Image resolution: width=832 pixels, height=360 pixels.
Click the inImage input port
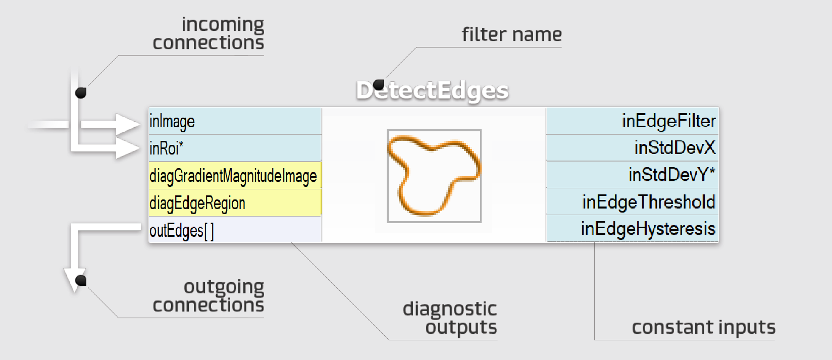pyautogui.click(x=235, y=121)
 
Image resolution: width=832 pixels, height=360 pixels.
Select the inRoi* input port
pyautogui.click(x=235, y=148)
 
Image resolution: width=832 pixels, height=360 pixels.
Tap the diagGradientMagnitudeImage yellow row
pyautogui.click(x=235, y=176)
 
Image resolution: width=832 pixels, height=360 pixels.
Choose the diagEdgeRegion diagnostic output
pyautogui.click(x=235, y=203)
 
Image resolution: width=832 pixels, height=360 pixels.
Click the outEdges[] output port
pyautogui.click(x=235, y=230)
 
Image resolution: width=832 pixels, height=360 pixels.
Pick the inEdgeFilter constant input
pyautogui.click(x=632, y=121)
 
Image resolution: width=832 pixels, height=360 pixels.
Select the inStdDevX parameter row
pyautogui.click(x=632, y=148)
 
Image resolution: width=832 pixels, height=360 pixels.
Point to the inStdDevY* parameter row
pyautogui.click(x=632, y=175)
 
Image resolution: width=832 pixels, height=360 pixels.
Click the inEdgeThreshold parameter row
pyautogui.click(x=632, y=202)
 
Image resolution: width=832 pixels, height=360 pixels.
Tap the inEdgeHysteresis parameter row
pyautogui.click(x=632, y=229)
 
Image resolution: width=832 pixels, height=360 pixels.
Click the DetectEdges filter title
pyautogui.click(x=432, y=91)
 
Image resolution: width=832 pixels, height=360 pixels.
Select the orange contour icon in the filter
pyautogui.click(x=434, y=176)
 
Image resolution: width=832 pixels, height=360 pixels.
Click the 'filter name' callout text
pyautogui.click(x=511, y=34)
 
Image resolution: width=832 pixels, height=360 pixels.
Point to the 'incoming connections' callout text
pyautogui.click(x=208, y=33)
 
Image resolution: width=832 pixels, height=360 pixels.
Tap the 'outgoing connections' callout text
pyautogui.click(x=208, y=296)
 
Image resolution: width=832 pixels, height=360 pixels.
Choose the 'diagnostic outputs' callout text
pyautogui.click(x=450, y=318)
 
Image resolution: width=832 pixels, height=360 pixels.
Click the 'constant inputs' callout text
pyautogui.click(x=703, y=327)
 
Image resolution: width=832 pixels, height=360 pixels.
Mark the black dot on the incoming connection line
pyautogui.click(x=81, y=93)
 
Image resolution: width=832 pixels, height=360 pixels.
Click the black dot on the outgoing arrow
pyautogui.click(x=81, y=280)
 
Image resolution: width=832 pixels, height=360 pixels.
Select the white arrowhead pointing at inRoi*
pyautogui.click(x=127, y=148)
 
